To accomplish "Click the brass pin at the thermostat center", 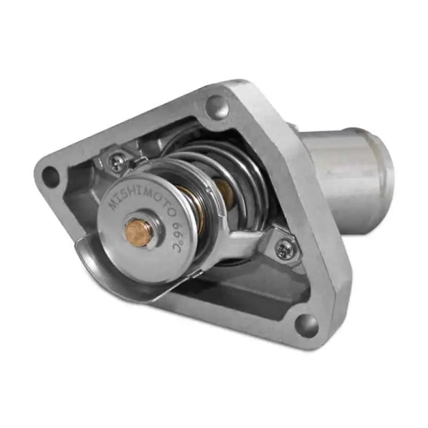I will [x=138, y=232].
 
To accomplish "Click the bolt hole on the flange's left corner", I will [x=51, y=175].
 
